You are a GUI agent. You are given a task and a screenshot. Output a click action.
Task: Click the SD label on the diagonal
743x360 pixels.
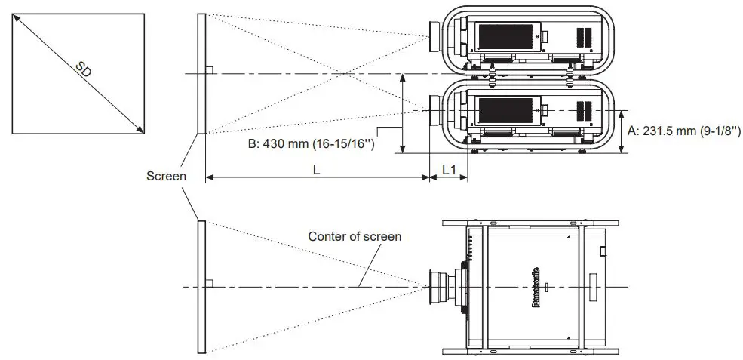tap(86, 72)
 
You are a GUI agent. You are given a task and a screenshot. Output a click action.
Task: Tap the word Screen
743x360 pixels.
tap(167, 175)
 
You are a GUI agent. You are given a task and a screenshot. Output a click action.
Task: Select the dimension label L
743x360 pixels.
tap(317, 171)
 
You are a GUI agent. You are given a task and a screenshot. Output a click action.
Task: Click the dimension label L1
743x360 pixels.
tap(449, 171)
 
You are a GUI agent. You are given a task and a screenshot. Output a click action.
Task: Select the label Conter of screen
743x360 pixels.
tap(355, 236)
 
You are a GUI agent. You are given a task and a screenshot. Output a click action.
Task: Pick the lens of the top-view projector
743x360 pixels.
tap(439, 288)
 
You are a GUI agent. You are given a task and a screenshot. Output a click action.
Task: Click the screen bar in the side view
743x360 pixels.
tap(201, 73)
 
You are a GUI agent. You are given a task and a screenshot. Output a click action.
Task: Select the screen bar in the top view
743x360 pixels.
tap(201, 286)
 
